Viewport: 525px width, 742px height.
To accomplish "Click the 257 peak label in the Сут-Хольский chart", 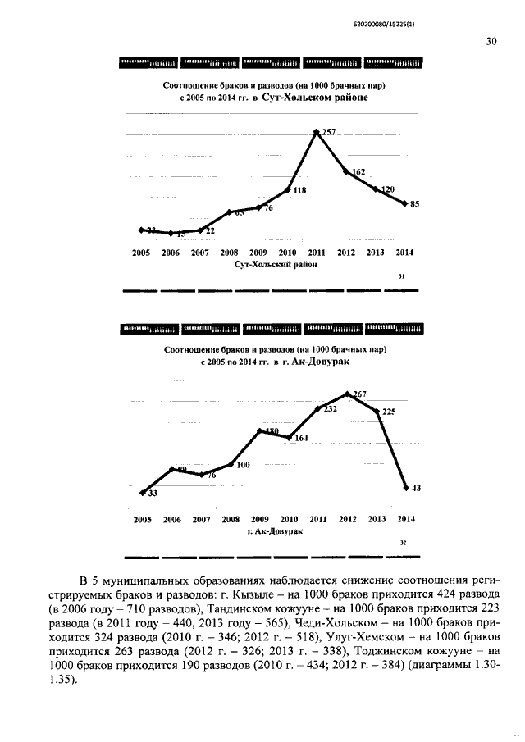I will [x=329, y=132].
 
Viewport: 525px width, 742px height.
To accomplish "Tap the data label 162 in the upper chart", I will [x=358, y=171].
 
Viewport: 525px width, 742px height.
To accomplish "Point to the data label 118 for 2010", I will [x=300, y=191].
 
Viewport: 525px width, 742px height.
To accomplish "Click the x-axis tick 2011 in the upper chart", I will [x=317, y=253].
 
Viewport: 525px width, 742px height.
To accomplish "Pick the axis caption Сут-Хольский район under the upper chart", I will [x=276, y=265].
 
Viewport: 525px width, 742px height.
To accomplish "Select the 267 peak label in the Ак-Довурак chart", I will [x=358, y=394].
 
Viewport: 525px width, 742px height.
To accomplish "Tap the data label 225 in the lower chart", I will [x=389, y=412].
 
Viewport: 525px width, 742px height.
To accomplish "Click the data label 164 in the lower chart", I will [x=301, y=438].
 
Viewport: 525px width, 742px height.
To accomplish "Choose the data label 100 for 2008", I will [x=243, y=465].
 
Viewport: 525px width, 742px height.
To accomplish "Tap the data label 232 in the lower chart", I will [x=330, y=409].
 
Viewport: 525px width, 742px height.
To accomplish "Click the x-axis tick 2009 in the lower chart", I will [x=260, y=519].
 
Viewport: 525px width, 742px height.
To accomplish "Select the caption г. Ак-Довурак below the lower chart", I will [x=275, y=531].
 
